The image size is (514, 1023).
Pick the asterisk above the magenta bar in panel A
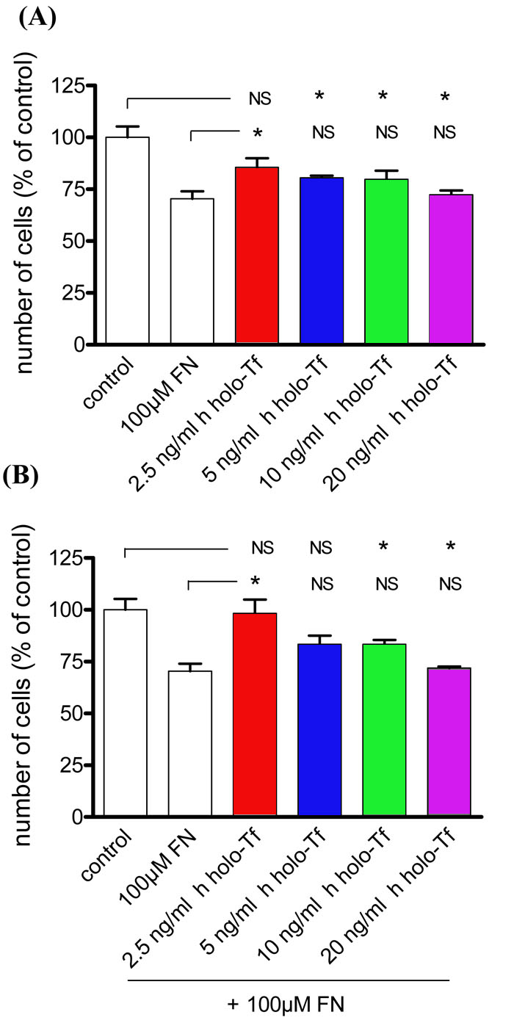[445, 97]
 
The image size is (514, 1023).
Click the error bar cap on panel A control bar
[127, 126]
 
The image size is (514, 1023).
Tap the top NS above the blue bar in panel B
[320, 548]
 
